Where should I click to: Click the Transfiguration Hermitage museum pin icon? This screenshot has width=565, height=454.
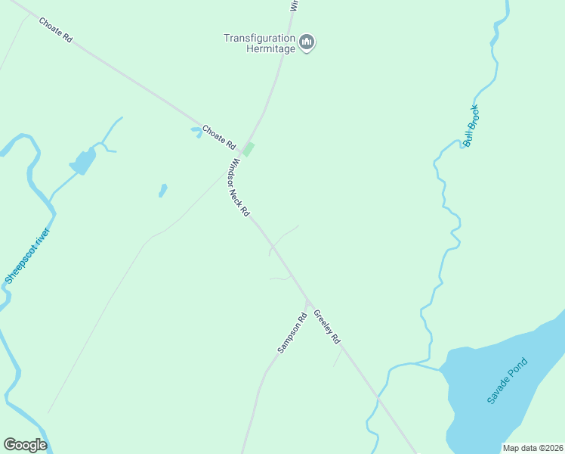click(307, 42)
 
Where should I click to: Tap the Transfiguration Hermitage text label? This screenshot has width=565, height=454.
click(260, 42)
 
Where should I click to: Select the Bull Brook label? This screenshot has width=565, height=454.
click(471, 126)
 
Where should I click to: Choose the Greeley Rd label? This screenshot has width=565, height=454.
click(328, 326)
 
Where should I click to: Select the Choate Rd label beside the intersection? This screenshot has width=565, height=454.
click(219, 137)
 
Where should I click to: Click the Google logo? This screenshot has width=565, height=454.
click(25, 445)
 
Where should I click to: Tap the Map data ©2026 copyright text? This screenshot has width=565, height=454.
click(533, 448)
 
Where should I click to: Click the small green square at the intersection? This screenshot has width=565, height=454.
click(248, 149)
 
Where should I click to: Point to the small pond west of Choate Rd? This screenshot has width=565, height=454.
click(82, 160)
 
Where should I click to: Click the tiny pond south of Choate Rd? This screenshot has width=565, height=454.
click(162, 190)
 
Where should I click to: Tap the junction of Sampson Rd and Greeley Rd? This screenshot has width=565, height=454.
click(307, 300)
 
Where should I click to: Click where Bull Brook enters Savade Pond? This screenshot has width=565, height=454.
click(440, 370)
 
